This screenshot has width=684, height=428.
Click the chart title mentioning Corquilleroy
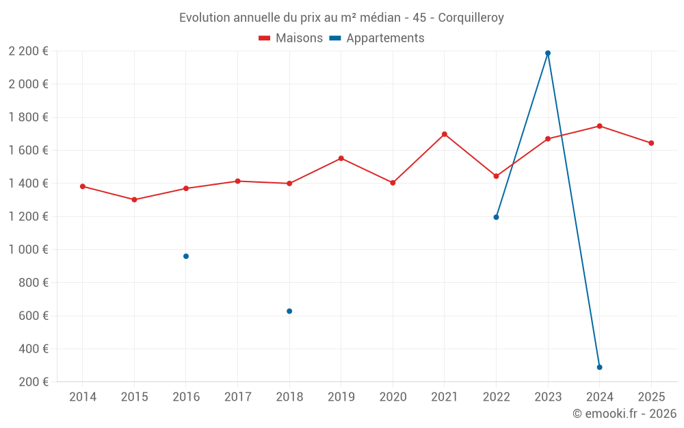coord(341,18)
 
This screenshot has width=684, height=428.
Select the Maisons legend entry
coord(291,38)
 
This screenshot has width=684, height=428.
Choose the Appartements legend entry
coord(377,38)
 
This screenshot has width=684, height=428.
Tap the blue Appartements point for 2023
coord(548,53)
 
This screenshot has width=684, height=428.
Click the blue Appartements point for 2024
coord(599,367)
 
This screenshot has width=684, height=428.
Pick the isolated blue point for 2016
coord(186,256)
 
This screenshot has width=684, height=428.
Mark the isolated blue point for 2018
coord(289,311)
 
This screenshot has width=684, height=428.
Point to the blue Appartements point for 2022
coord(496,217)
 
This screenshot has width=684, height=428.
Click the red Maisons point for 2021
coord(445,134)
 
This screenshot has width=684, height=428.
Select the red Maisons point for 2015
coord(134,200)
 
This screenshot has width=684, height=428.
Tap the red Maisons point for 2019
coord(341,158)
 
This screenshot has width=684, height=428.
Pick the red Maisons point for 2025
coord(651,143)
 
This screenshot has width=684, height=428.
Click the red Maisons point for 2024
coord(599,126)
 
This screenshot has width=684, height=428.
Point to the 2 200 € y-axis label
coord(28,51)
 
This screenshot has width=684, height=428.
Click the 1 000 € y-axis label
coord(28,249)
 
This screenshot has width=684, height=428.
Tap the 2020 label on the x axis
coord(393,397)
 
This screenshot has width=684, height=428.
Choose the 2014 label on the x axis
coord(83,397)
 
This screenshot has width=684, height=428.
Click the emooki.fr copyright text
coord(624,414)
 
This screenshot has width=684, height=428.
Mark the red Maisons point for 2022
coord(496,176)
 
